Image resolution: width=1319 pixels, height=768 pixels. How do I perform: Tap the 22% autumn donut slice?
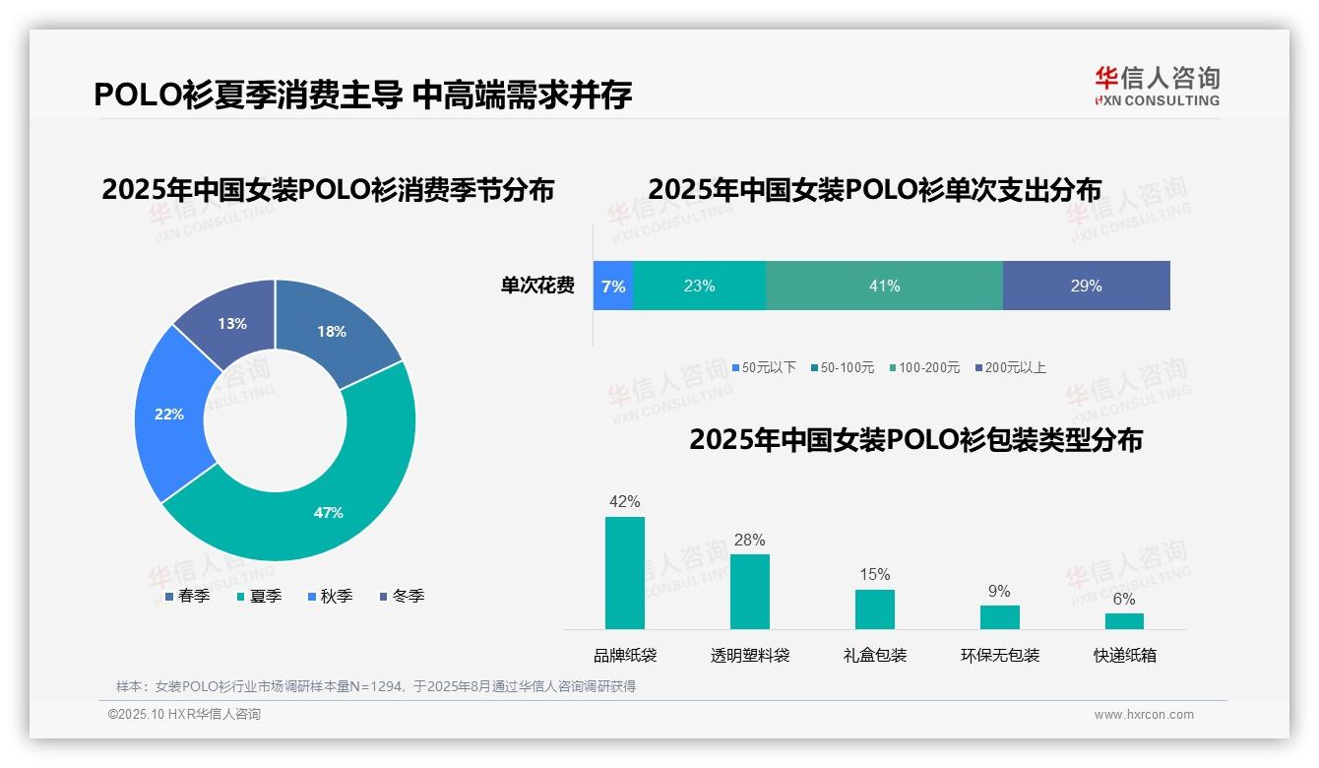click(169, 415)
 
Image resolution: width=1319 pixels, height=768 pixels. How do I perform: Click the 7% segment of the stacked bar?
click(613, 286)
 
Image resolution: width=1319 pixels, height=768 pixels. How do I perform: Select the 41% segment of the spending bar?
click(884, 286)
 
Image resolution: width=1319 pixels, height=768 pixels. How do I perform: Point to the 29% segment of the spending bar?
click(1086, 286)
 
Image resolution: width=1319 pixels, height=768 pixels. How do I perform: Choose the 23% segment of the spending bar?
click(699, 286)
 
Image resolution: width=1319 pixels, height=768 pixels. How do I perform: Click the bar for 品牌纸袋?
click(624, 573)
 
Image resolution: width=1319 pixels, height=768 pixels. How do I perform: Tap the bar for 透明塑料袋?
click(749, 592)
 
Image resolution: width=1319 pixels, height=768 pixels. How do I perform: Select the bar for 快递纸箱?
click(1124, 620)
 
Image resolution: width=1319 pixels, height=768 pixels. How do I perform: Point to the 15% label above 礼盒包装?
click(874, 574)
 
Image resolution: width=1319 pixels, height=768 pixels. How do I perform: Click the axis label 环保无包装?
click(999, 655)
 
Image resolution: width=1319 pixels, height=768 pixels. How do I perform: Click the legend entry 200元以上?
click(1010, 367)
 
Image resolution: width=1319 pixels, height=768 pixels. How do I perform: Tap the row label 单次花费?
click(537, 286)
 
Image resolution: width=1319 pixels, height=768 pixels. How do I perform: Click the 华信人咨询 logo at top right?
click(1157, 86)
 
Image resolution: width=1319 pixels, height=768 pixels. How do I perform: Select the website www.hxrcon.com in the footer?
click(1143, 714)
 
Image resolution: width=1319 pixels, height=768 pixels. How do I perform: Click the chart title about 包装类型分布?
click(915, 439)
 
